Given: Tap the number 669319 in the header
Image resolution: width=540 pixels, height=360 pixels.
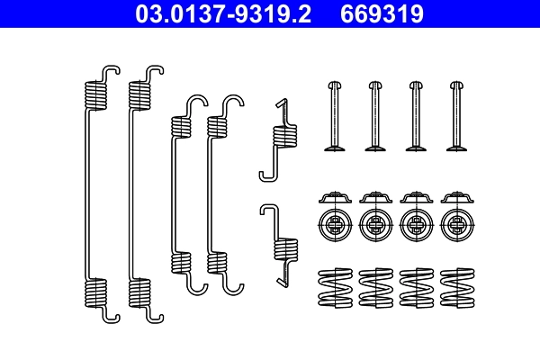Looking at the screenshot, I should (x=380, y=13).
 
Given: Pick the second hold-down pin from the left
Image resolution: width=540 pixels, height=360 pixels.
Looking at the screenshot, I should (x=373, y=116).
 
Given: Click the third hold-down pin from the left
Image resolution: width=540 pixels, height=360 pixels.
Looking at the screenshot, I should (x=415, y=116).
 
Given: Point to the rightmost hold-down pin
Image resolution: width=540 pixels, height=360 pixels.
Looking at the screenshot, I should (x=455, y=116).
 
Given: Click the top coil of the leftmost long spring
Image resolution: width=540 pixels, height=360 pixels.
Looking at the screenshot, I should (x=94, y=94).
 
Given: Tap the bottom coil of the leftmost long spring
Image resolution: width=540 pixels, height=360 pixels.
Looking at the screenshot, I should (x=94, y=292).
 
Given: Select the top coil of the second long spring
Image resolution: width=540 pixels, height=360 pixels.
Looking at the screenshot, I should (x=139, y=94).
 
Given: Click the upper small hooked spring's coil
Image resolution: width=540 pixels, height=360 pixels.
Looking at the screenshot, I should (x=284, y=135).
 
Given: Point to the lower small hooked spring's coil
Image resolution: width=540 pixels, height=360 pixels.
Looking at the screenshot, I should (x=287, y=247).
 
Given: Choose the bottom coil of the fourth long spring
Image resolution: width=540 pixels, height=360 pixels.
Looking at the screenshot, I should (x=216, y=263).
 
